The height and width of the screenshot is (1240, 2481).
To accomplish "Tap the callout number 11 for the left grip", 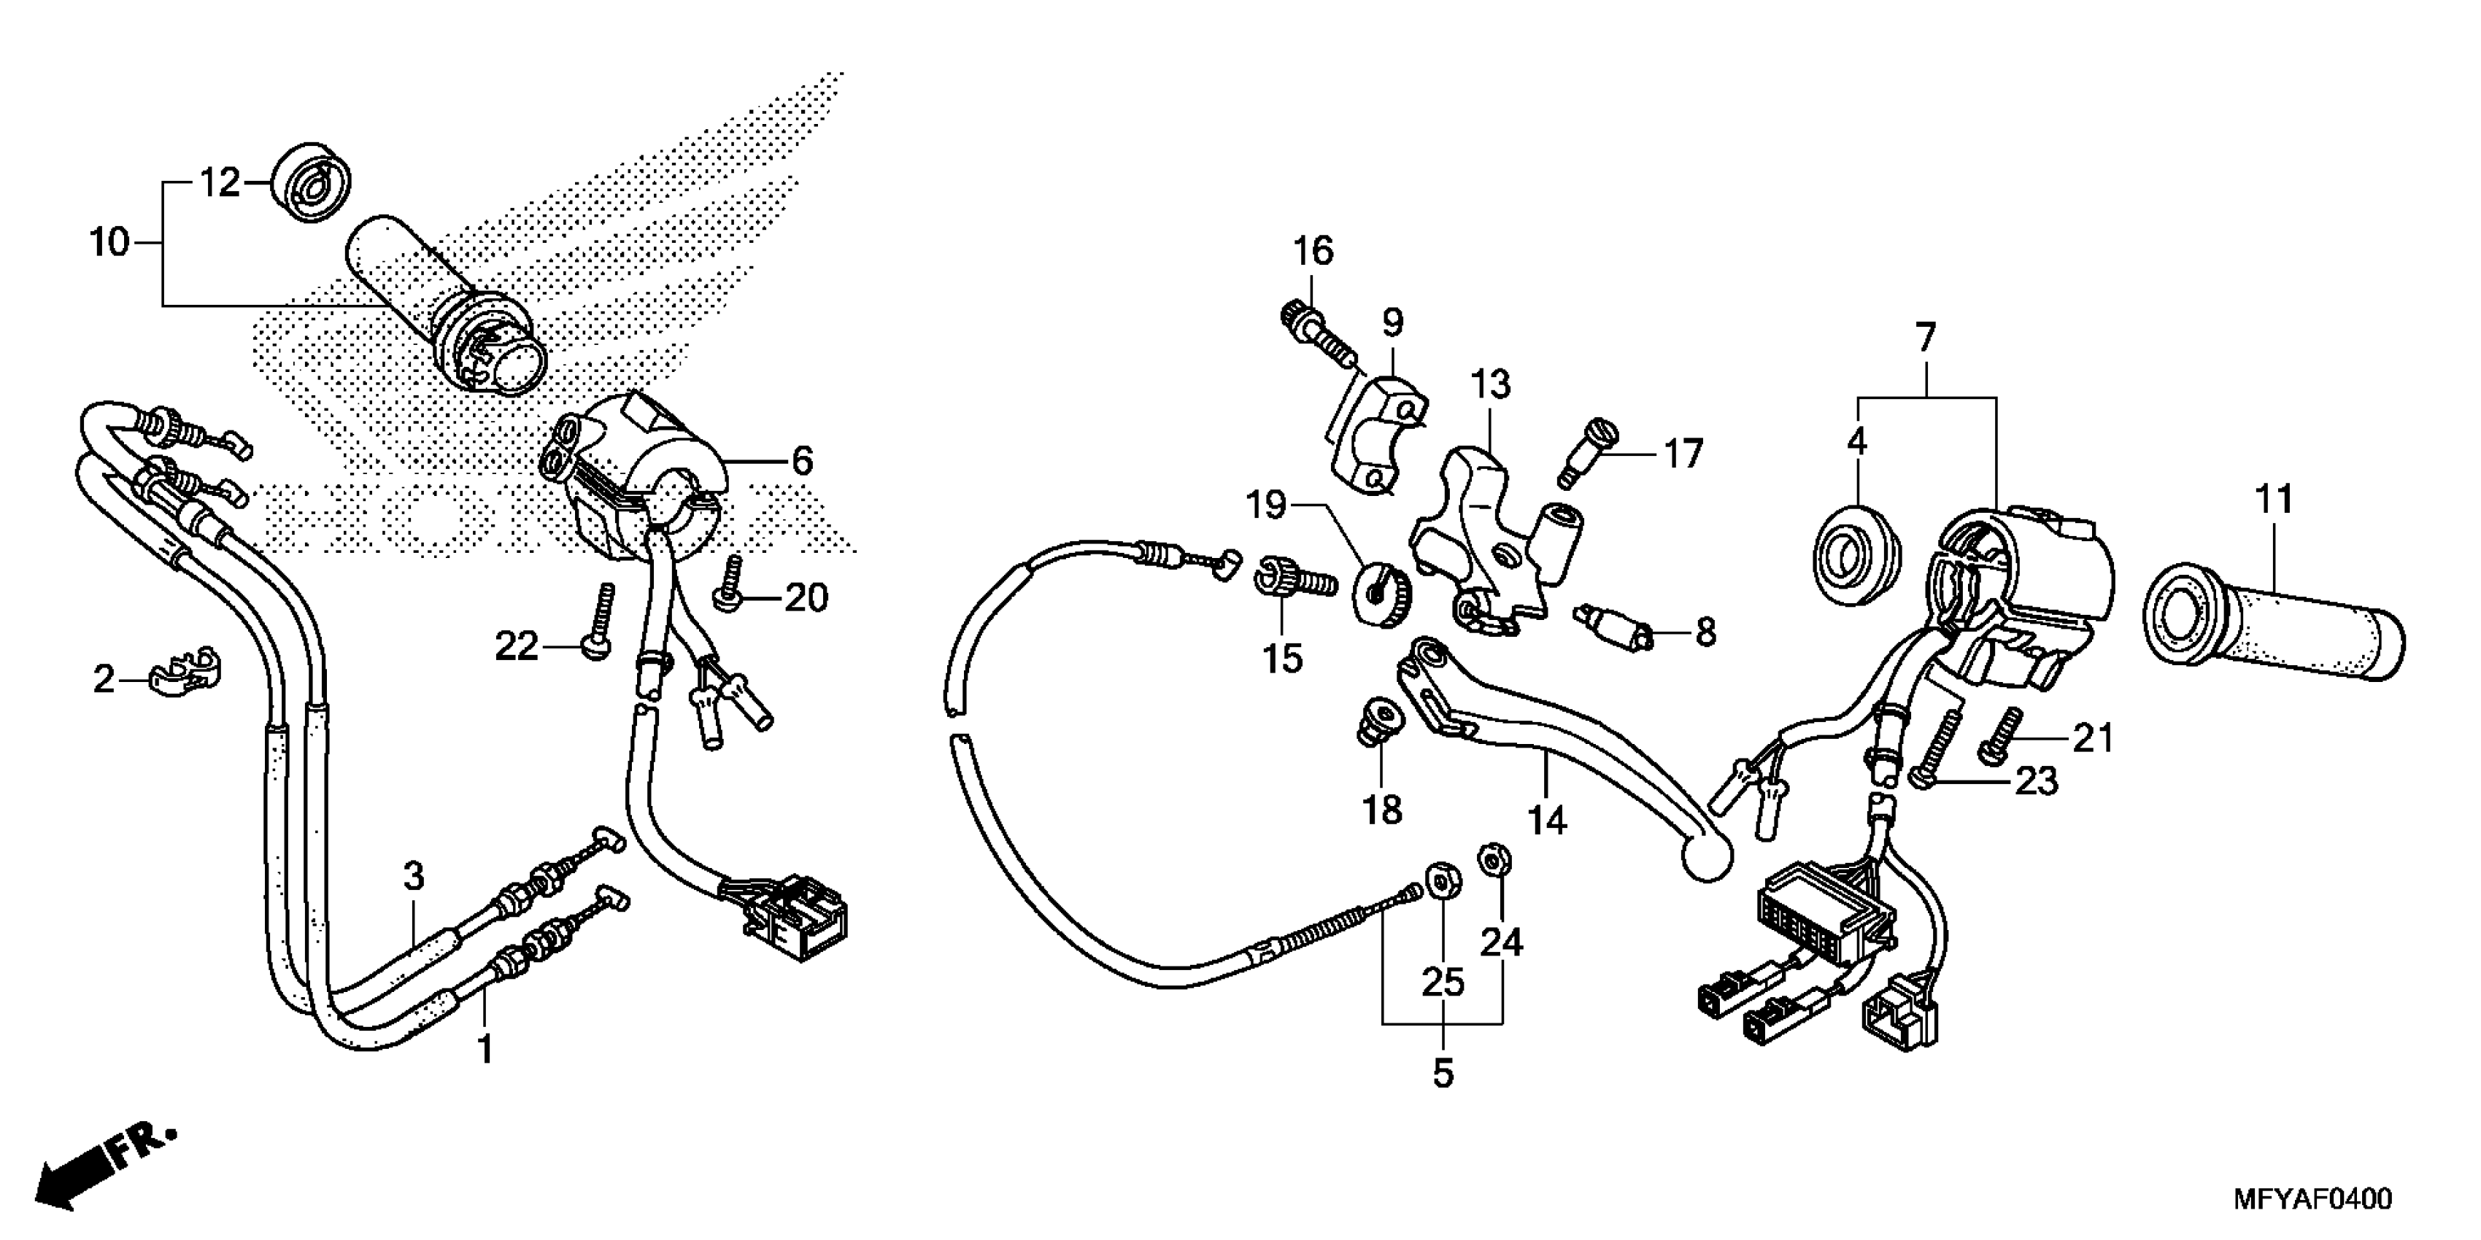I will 2274,500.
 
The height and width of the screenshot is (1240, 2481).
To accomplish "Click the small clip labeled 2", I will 187,675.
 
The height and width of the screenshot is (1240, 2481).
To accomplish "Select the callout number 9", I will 1393,323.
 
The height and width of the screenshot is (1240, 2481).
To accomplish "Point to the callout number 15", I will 1283,659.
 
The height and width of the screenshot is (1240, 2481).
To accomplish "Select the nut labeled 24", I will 1494,858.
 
